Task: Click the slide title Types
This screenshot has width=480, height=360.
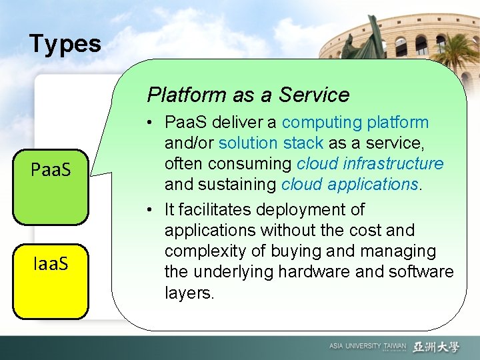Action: point(65,44)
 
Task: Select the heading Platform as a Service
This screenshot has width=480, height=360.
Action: point(248,95)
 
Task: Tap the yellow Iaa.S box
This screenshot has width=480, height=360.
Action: point(51,265)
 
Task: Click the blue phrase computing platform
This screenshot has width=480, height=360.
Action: point(355,123)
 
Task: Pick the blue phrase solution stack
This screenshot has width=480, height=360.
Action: point(271,143)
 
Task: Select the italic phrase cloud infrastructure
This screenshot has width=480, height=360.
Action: point(370,163)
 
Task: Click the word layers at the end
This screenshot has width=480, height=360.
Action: point(189,293)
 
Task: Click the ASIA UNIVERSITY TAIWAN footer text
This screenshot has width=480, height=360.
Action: point(367,347)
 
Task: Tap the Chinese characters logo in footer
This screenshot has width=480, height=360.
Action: point(437,347)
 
